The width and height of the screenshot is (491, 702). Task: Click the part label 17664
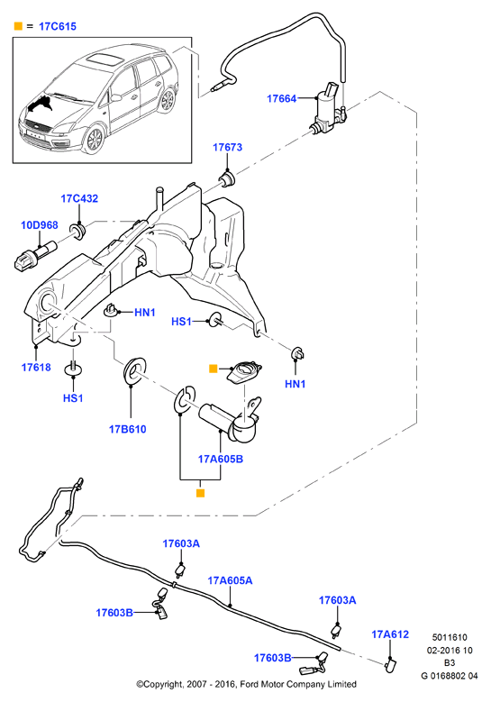pyautogui.click(x=281, y=98)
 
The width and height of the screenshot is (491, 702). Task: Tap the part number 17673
pyautogui.click(x=227, y=147)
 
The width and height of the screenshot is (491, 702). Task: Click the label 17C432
pyautogui.click(x=79, y=198)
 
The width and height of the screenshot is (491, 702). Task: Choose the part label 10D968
pyautogui.click(x=40, y=224)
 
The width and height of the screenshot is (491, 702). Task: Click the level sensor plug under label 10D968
pyautogui.click(x=35, y=256)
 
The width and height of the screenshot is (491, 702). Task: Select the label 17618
pyautogui.click(x=36, y=367)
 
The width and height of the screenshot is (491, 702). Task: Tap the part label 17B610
pyautogui.click(x=128, y=429)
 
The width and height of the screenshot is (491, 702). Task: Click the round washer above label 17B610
pyautogui.click(x=133, y=369)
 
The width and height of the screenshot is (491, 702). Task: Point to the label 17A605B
pyautogui.click(x=221, y=459)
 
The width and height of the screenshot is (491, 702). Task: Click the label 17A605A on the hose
pyautogui.click(x=230, y=580)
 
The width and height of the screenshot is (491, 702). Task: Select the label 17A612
pyautogui.click(x=390, y=634)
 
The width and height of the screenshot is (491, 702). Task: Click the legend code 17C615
pyautogui.click(x=58, y=26)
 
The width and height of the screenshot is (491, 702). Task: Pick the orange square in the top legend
pyautogui.click(x=18, y=26)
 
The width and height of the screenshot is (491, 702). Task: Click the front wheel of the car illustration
pyautogui.click(x=95, y=140)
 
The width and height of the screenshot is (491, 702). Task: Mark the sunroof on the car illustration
pyautogui.click(x=101, y=59)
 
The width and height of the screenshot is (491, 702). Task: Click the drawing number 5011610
pyautogui.click(x=450, y=637)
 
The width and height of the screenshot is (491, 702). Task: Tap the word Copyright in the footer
pyautogui.click(x=160, y=684)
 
